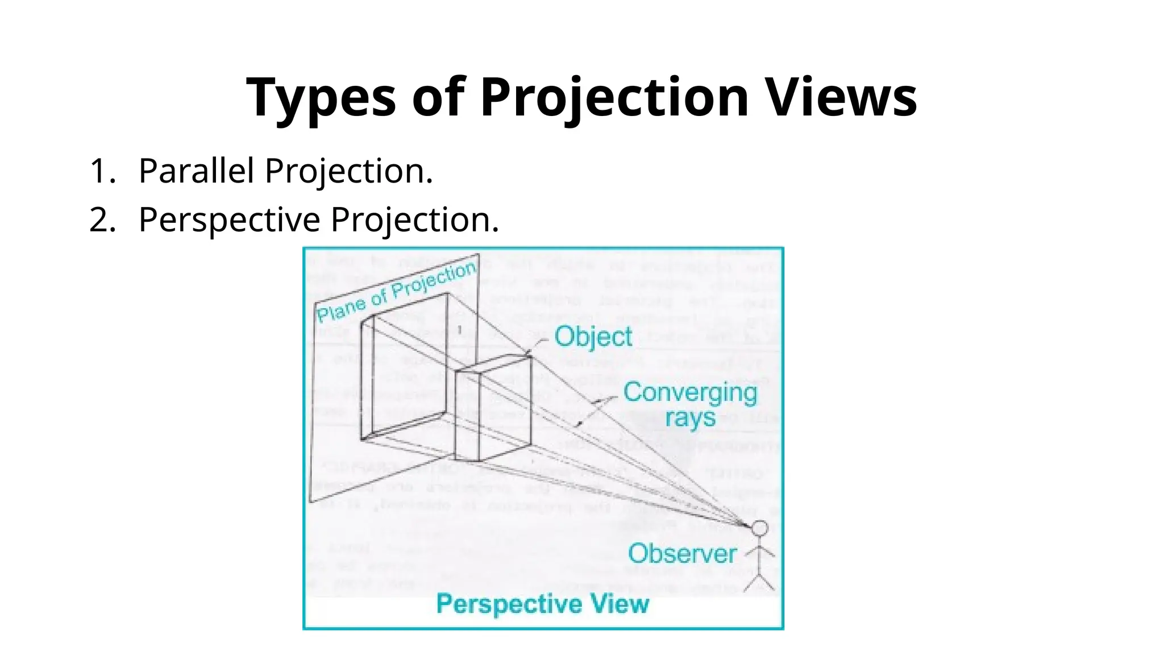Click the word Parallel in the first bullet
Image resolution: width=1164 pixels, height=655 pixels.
tap(196, 171)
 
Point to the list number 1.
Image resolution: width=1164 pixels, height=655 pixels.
tap(101, 171)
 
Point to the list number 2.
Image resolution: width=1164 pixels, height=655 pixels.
tap(101, 220)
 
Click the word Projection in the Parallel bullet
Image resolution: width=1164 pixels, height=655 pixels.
tap(348, 171)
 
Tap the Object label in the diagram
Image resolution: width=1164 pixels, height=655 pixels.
tap(593, 337)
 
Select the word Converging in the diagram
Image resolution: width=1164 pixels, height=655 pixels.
tap(690, 392)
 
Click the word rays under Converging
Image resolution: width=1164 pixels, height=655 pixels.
tap(690, 418)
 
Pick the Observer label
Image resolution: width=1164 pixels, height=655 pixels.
tap(682, 554)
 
